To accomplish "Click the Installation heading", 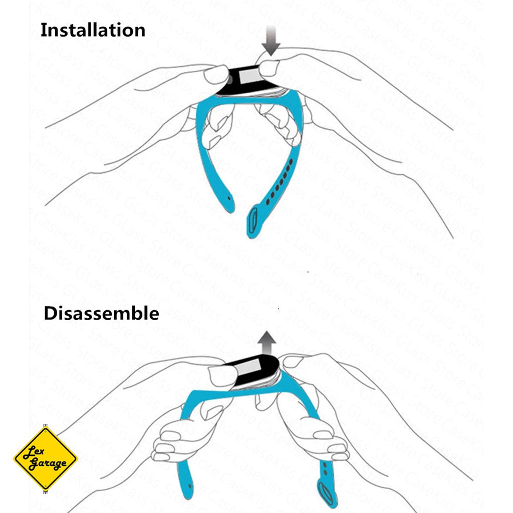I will point(93,30).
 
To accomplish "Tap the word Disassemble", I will point(101,314).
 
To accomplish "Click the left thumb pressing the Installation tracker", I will point(216,75).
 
